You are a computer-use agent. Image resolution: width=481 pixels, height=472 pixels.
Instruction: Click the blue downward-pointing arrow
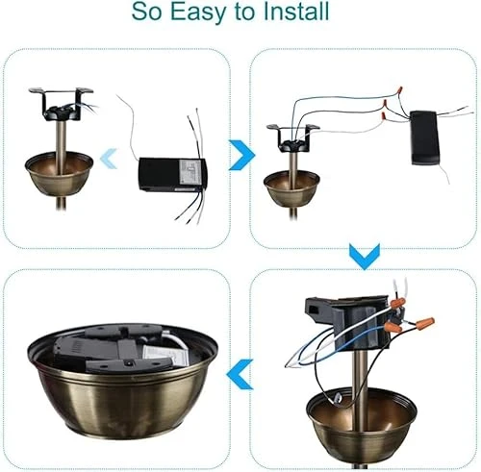pyautogui.click(x=361, y=256)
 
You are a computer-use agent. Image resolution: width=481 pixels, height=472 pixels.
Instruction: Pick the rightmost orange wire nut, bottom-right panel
pyautogui.click(x=423, y=323)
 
